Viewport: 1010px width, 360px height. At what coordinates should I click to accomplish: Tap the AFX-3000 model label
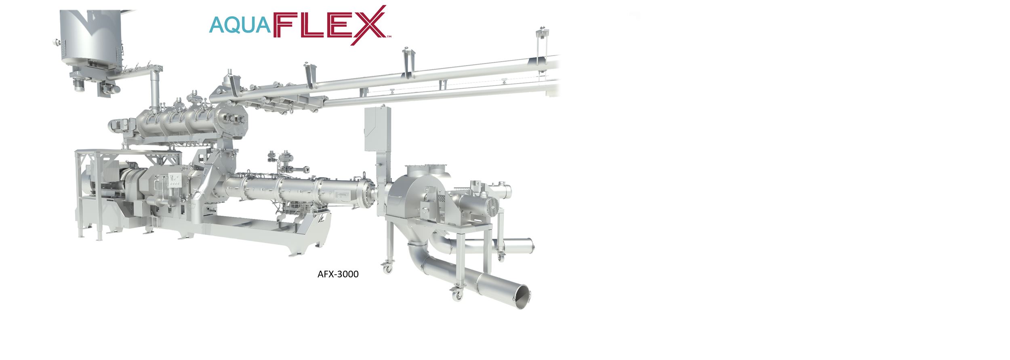[x=338, y=274]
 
